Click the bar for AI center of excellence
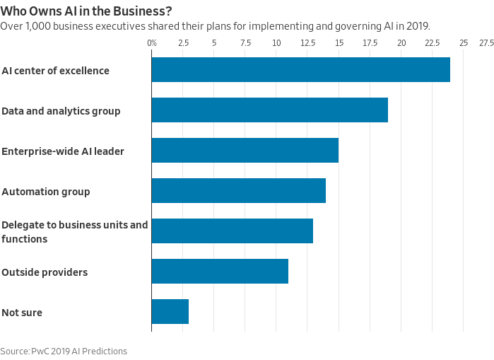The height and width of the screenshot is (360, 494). point(300,70)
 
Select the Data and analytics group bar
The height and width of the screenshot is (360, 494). point(269,110)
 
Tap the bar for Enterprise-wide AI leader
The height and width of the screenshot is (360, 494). point(245,151)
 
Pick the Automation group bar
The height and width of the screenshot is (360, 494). point(238,191)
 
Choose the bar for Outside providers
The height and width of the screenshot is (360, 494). point(220,272)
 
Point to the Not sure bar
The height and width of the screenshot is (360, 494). point(170,312)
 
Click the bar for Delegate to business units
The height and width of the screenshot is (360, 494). point(232,231)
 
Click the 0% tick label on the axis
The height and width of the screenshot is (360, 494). point(152,43)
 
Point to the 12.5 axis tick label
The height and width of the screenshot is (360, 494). point(307,43)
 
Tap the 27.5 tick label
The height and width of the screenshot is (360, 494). point(486,43)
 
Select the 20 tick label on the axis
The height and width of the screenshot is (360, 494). point(401,43)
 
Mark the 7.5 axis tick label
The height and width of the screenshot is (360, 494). point(245,43)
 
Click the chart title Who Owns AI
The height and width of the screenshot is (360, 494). point(86,11)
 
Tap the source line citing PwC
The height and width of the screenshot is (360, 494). point(64,351)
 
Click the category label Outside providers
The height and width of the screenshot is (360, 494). point(45,272)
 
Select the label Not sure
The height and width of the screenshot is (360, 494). point(22,313)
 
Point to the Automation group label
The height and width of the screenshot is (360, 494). point(46,192)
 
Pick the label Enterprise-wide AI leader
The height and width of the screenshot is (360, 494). point(63,151)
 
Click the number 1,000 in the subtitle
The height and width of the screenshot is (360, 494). point(35,26)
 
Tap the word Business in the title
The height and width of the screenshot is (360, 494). point(144,11)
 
